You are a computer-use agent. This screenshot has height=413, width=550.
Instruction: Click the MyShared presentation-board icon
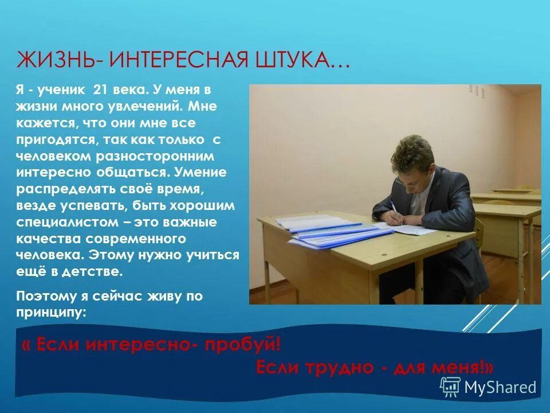450,386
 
